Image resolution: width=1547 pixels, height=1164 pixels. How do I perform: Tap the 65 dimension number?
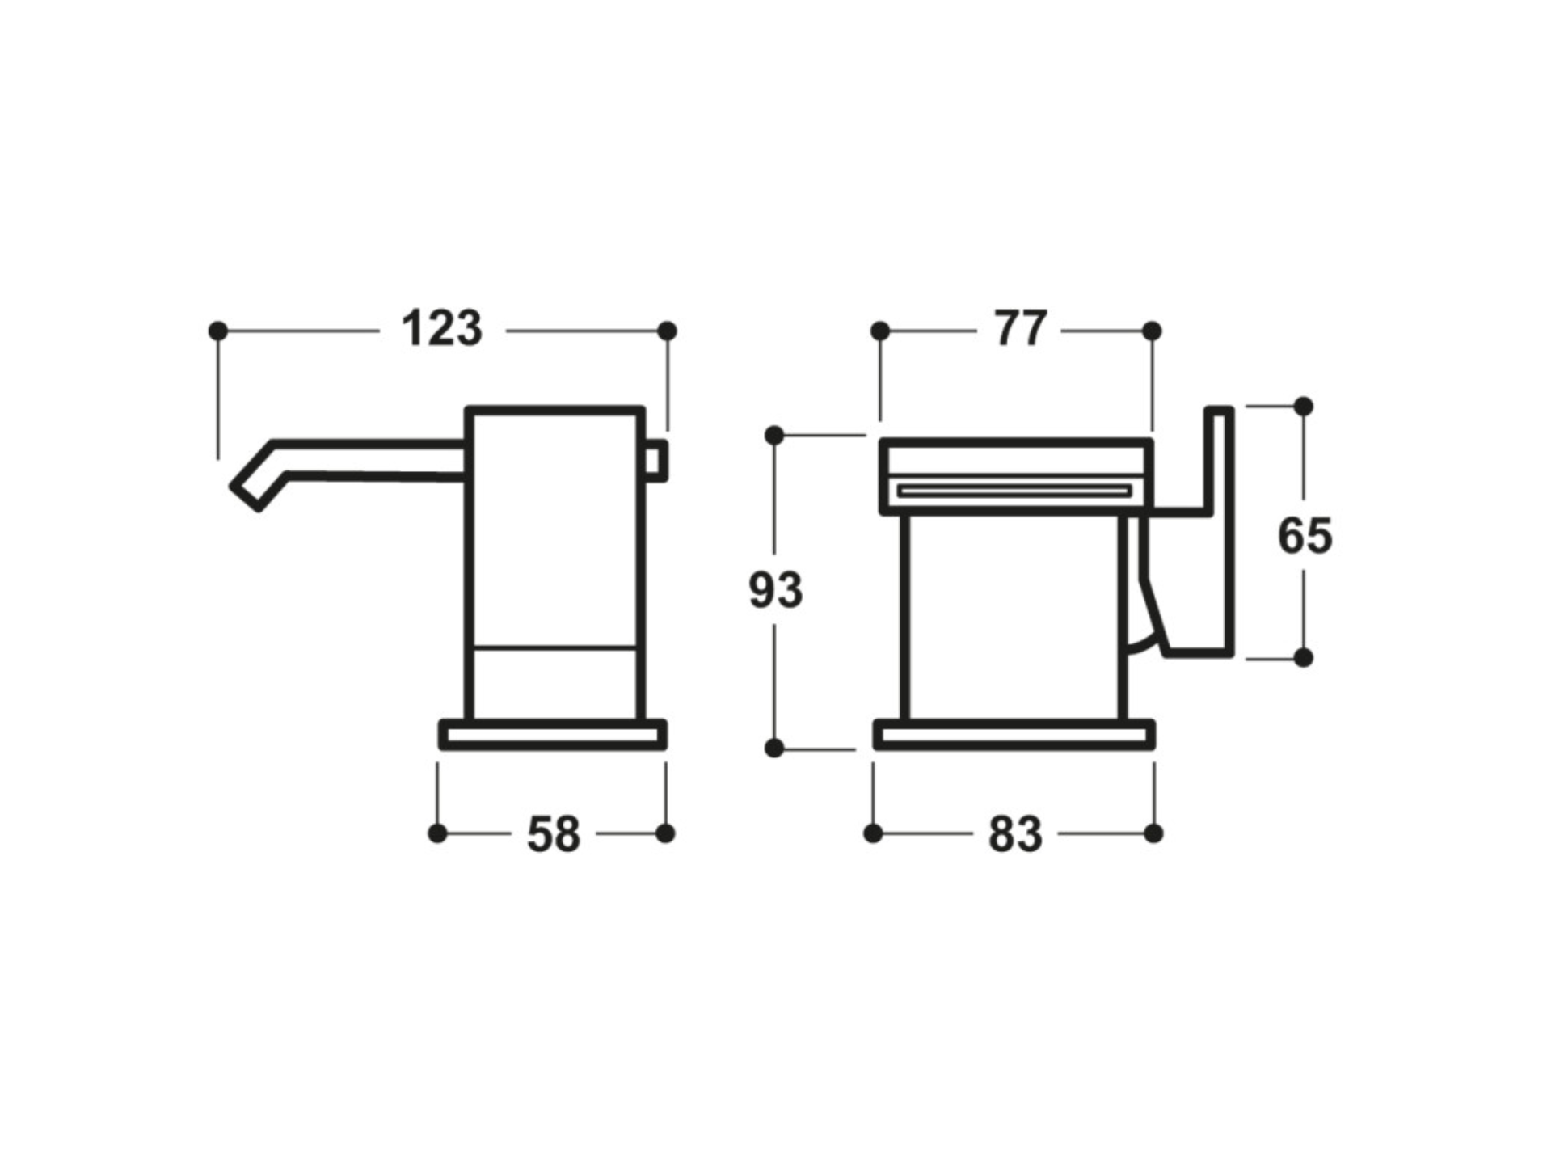(x=1305, y=535)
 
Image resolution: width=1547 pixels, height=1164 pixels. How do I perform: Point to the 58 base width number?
(x=554, y=834)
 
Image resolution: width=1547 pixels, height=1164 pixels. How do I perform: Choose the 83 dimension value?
(x=1015, y=834)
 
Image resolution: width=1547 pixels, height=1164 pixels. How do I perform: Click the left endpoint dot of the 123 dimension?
(x=217, y=331)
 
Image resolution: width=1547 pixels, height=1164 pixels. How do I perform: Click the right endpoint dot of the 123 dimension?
(x=667, y=331)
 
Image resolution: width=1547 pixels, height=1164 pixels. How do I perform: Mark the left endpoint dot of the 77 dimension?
(x=880, y=331)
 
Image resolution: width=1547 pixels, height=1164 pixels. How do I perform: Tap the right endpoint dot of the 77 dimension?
(x=1153, y=331)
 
